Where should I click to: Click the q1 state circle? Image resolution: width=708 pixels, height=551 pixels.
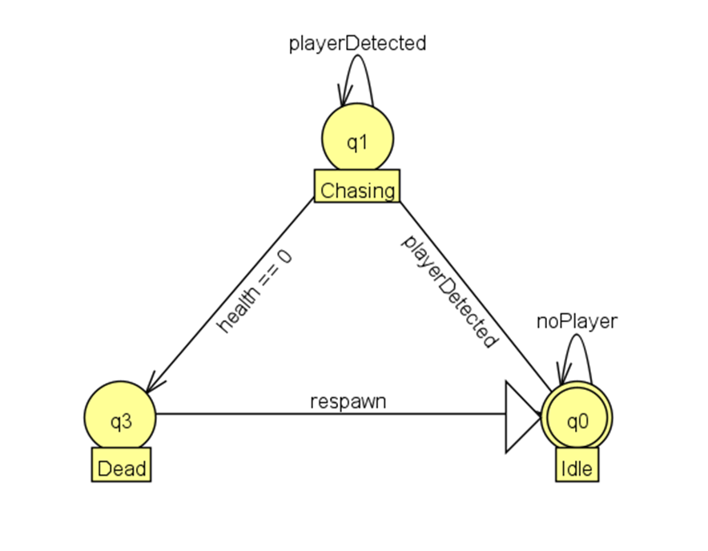point(357,142)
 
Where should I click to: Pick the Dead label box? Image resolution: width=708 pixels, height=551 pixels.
point(121,468)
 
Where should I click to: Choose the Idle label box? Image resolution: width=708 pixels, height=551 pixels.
point(577,468)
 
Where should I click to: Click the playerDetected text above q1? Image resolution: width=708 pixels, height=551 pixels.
point(357,44)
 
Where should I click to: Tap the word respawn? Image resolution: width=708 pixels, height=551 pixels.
point(348,400)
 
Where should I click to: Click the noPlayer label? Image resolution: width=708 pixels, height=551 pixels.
point(577,321)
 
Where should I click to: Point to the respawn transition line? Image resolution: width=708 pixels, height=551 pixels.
point(320,415)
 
